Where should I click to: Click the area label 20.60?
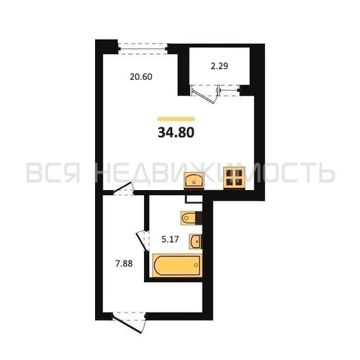coord(141,77)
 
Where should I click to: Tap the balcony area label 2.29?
coord(220,66)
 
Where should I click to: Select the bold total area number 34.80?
coord(176,132)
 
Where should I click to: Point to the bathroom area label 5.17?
coord(170,239)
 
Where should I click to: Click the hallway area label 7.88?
coord(124,264)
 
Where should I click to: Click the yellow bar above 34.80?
coord(176,119)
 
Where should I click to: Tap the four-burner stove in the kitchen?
coord(234,178)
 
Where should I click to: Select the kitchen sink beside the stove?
coord(194,180)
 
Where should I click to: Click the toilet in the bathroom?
coord(189,218)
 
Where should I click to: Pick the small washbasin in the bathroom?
coord(195,241)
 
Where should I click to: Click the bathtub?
coord(177,265)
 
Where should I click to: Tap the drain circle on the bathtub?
coord(196,265)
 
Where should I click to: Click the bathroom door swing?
coord(143,240)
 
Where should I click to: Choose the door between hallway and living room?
coord(123,189)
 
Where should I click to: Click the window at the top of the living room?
coord(143,49)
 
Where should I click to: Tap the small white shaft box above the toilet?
coord(194,199)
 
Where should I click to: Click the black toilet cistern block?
coord(199,218)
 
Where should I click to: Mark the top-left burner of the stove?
coord(230,173)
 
